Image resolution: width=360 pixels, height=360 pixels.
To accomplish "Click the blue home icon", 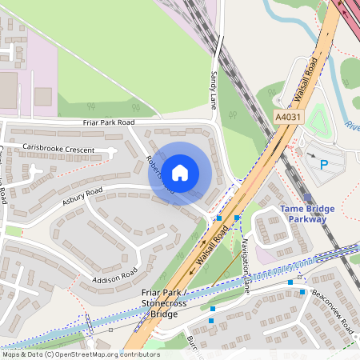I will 180,173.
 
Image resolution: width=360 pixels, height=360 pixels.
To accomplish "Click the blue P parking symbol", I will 324,165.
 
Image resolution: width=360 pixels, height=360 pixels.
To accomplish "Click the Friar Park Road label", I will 109,122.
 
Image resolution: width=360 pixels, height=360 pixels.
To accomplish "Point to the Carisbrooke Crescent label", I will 58,149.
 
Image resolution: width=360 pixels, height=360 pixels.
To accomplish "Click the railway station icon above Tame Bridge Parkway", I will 308,196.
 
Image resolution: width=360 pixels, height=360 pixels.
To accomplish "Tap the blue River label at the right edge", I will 352,124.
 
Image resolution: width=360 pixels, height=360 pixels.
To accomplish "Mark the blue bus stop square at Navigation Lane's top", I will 238,217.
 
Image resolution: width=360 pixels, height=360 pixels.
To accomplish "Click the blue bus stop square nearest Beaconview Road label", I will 302,292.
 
